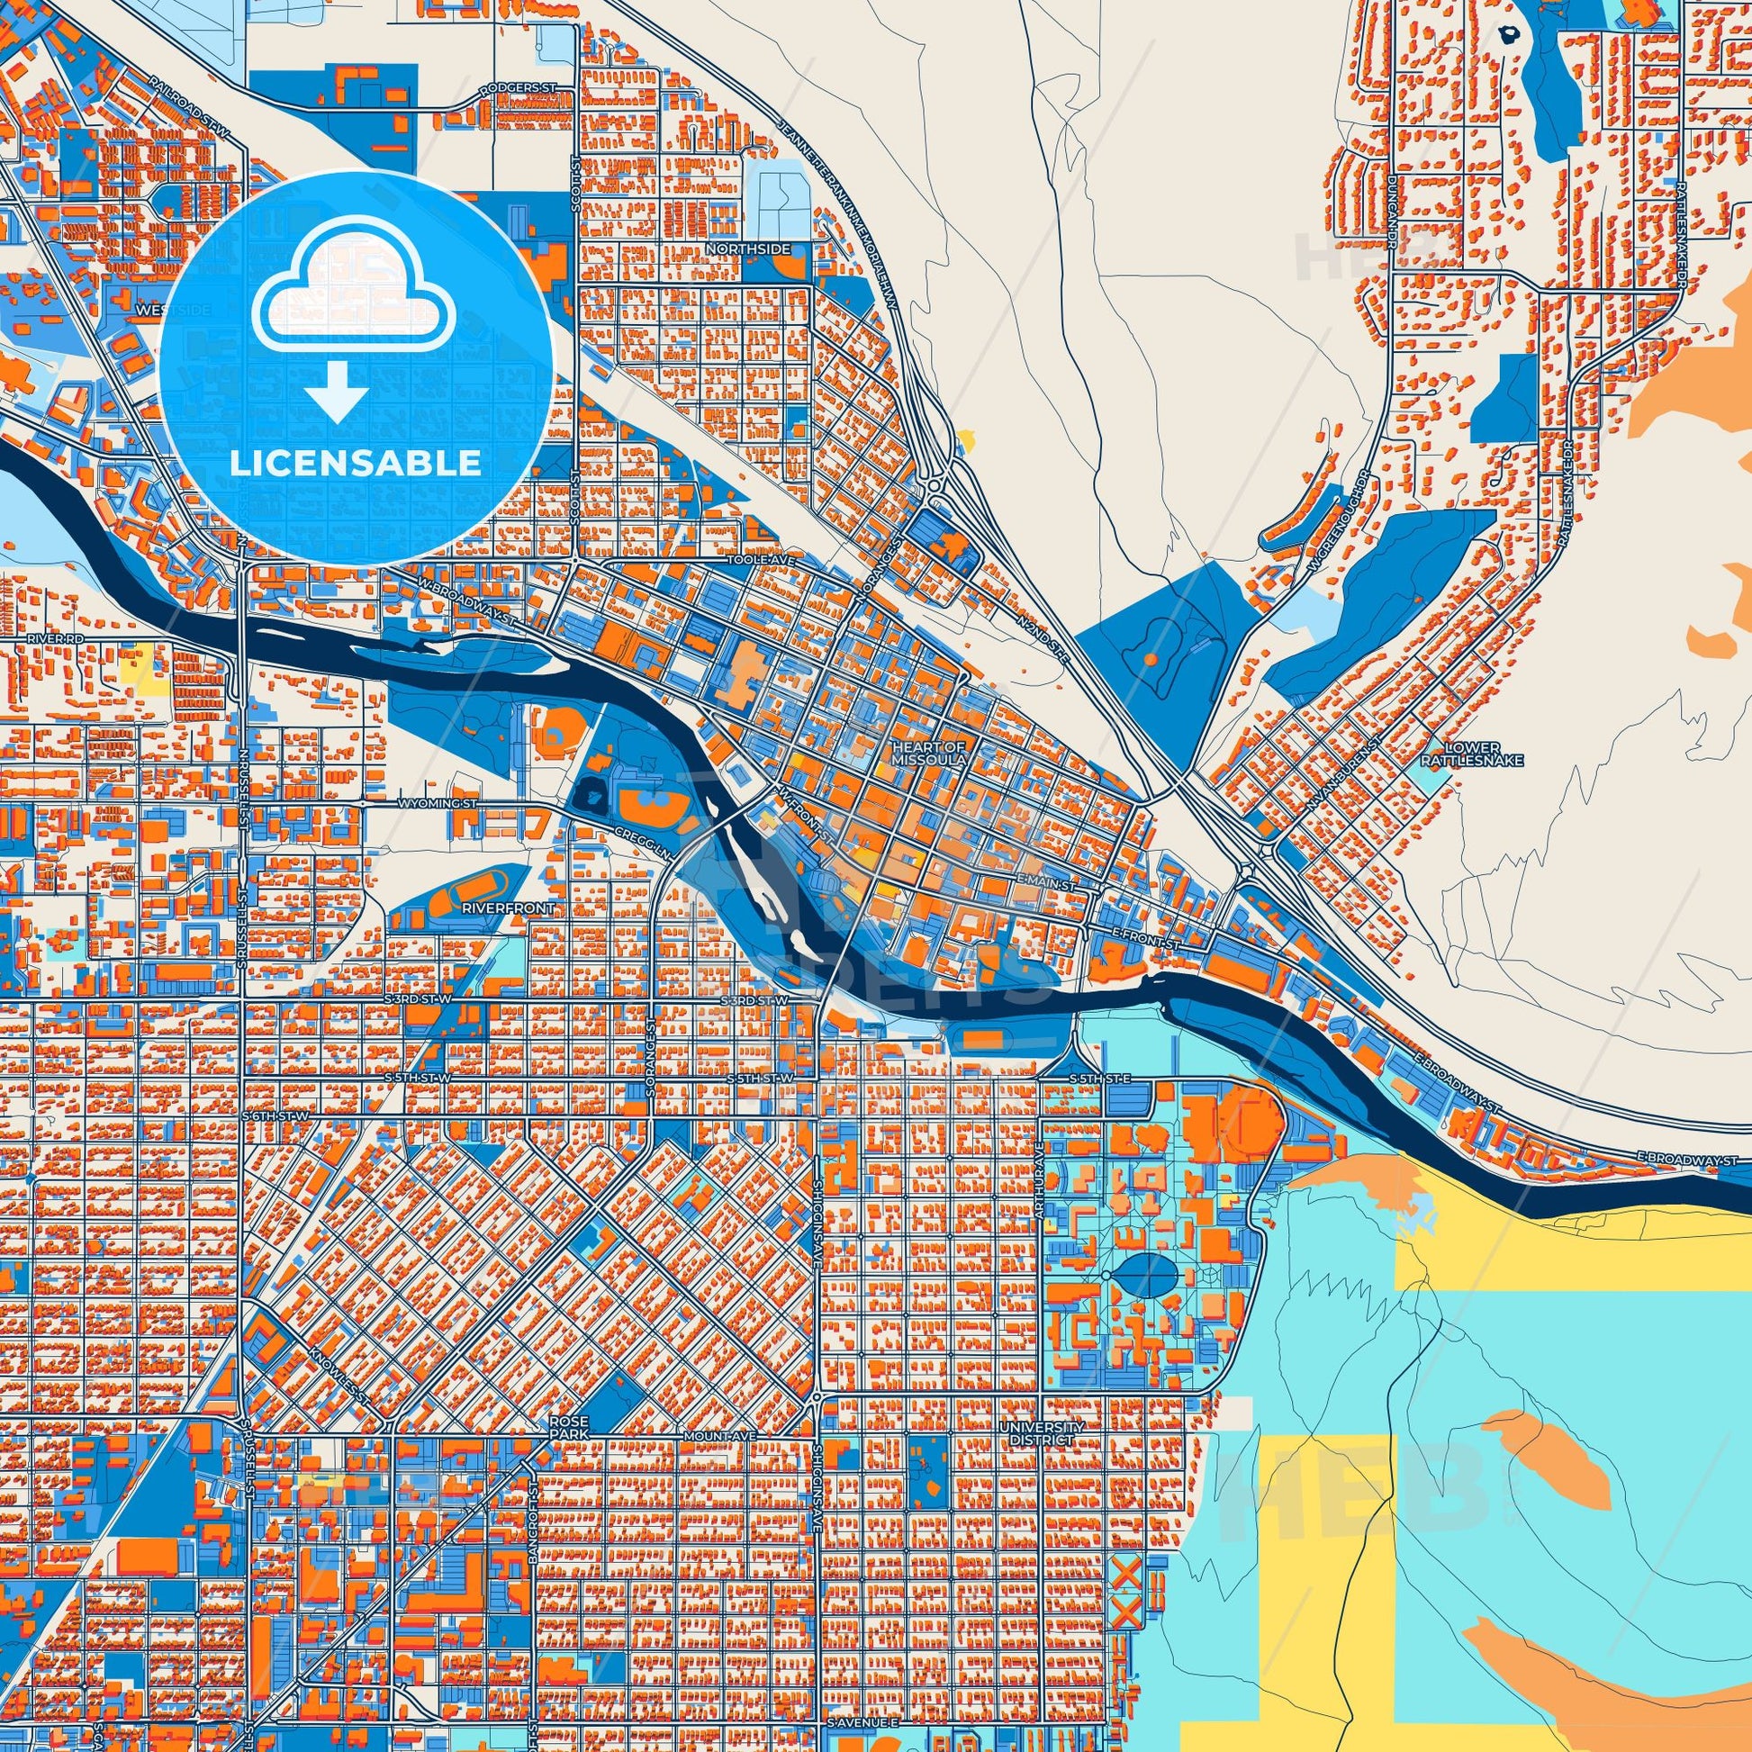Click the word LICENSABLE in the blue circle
(356, 464)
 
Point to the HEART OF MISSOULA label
(930, 753)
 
